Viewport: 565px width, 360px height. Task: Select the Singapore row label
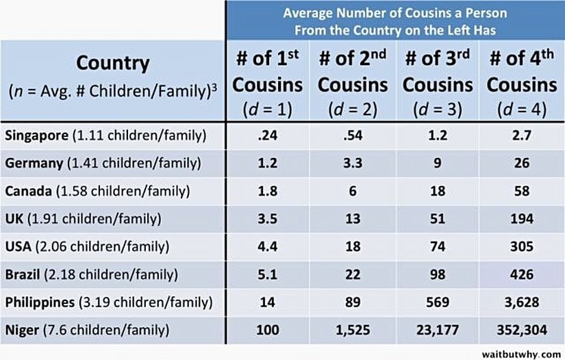(x=105, y=136)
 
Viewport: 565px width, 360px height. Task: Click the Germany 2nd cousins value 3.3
(x=353, y=164)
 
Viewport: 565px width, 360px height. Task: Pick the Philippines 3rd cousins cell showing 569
(x=438, y=302)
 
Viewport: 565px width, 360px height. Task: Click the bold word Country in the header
(x=112, y=64)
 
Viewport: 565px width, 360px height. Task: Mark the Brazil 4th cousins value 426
(x=523, y=274)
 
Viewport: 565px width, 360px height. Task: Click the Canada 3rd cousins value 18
(x=438, y=191)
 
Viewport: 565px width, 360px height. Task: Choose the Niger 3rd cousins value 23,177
(x=438, y=330)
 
